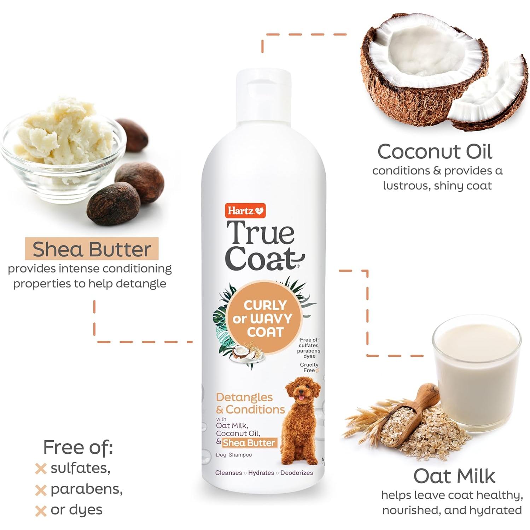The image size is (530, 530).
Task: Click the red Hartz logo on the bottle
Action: pyautogui.click(x=245, y=211)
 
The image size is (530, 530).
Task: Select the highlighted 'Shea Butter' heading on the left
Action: pyautogui.click(x=92, y=249)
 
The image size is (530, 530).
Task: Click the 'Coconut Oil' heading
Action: pyautogui.click(x=435, y=152)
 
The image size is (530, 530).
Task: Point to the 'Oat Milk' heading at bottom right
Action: pyautogui.click(x=454, y=476)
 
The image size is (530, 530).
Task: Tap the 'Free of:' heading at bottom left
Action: pyautogui.click(x=78, y=447)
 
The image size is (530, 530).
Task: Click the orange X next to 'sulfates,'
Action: pyautogui.click(x=41, y=469)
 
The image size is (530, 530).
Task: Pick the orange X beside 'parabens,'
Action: pyautogui.click(x=41, y=490)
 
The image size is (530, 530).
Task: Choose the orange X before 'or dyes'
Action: pyautogui.click(x=41, y=511)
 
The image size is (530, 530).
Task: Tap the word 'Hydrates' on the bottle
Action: pyautogui.click(x=261, y=473)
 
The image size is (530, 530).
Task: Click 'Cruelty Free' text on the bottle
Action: pyautogui.click(x=309, y=367)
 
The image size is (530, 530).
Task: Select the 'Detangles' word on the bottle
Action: pyautogui.click(x=244, y=397)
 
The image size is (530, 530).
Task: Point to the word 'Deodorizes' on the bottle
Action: pyautogui.click(x=297, y=473)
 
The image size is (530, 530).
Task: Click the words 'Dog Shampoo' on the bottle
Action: pyautogui.click(x=234, y=455)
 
